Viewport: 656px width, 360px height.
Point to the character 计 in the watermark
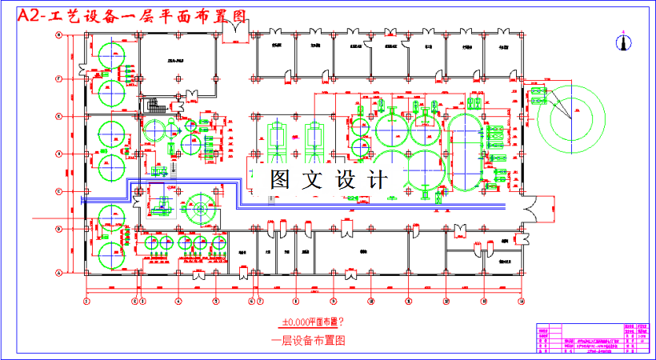point(378,179)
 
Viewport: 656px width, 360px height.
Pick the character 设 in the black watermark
point(346,179)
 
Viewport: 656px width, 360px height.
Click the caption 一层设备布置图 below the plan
point(312,339)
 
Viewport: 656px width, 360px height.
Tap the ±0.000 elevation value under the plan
point(293,322)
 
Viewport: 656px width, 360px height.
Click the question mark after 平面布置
point(342,322)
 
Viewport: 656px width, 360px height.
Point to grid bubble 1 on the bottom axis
point(86,302)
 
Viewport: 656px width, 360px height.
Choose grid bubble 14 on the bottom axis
point(521,302)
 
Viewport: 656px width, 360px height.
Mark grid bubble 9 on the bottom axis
point(333,302)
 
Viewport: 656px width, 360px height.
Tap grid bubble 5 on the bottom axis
point(215,302)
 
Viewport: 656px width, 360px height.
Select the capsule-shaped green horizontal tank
point(463,151)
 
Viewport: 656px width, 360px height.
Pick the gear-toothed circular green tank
point(197,214)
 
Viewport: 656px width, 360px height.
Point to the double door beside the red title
point(237,30)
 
